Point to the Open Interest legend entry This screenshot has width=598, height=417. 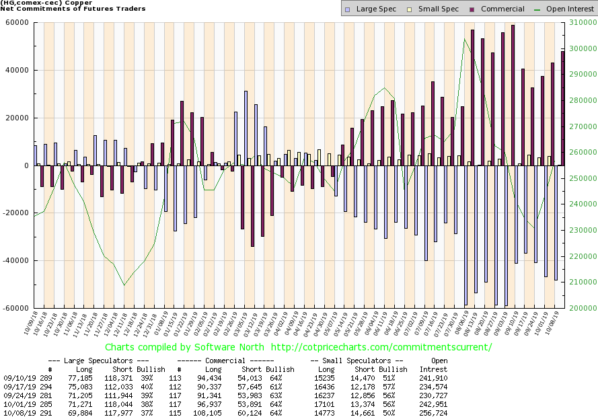(545, 9)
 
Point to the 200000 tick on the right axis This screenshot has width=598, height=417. (581, 309)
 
